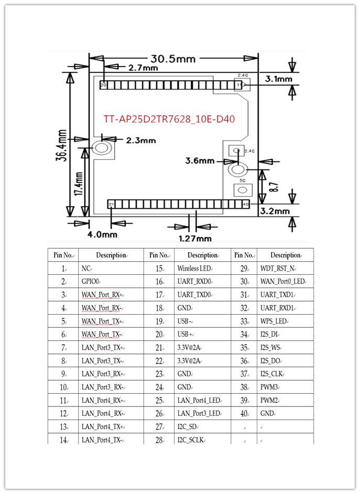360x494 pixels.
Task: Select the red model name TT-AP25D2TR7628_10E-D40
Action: point(169,120)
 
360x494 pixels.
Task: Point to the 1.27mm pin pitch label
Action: point(195,238)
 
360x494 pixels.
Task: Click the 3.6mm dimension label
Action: point(200,160)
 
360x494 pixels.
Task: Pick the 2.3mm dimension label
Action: point(141,141)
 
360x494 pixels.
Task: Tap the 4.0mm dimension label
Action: point(102,234)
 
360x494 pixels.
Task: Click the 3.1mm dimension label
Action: point(278,79)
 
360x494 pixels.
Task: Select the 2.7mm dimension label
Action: point(143,68)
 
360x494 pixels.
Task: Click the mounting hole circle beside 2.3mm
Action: point(101,149)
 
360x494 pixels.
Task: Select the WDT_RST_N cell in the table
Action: point(277,269)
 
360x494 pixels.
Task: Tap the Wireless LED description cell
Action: point(194,269)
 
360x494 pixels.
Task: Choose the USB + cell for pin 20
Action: point(186,335)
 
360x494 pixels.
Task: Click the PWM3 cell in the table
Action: point(270,388)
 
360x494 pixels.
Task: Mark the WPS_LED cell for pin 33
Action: point(274,321)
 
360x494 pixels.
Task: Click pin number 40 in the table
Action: point(244,414)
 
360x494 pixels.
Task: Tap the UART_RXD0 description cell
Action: point(194,282)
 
